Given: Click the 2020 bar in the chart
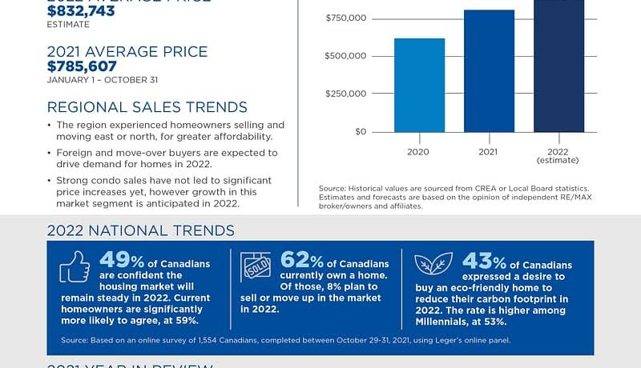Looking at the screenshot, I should [x=419, y=85].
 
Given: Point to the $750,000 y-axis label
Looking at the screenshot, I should [x=346, y=18].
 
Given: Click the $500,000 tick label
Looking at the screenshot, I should [x=346, y=56].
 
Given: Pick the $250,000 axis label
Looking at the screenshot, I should [x=346, y=94].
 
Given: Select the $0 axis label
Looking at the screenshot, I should [x=361, y=131].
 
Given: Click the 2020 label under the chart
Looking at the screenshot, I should [x=419, y=150].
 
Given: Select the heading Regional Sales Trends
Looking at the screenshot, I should [x=147, y=107].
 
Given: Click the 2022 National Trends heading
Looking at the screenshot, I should [x=140, y=230].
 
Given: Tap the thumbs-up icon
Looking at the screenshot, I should [x=75, y=268].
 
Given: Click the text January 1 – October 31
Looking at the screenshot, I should [x=98, y=80].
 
